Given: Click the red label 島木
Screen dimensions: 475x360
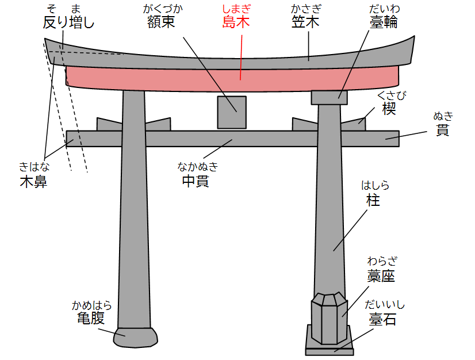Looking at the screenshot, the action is [236, 22].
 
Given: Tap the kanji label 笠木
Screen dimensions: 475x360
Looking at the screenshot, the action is [305, 22].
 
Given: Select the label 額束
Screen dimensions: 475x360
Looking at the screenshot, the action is [161, 22].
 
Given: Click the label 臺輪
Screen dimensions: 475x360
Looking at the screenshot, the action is [384, 22].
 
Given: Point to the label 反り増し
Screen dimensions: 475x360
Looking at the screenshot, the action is [69, 22].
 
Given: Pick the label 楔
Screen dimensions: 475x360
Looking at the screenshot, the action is [389, 108].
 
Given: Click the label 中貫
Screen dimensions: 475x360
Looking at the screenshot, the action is [196, 181].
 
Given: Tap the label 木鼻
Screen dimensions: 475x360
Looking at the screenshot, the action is [33, 182].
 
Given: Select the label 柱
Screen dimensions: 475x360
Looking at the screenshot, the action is [373, 200].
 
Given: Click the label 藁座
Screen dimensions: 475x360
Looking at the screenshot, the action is [381, 276].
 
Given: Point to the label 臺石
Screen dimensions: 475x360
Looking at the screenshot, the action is [382, 319].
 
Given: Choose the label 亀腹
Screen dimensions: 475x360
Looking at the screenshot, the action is [91, 318].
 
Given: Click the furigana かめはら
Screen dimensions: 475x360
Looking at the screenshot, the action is [92, 305].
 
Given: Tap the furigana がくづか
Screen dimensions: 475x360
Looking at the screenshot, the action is [163, 9].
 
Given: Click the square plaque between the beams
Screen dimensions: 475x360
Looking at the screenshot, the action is [232, 112].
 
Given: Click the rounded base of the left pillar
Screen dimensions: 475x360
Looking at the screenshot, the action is [135, 337].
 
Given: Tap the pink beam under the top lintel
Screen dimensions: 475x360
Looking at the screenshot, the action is [232, 79].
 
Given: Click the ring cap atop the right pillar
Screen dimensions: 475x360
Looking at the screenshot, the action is [330, 98].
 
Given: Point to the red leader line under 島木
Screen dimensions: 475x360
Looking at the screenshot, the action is [241, 58].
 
